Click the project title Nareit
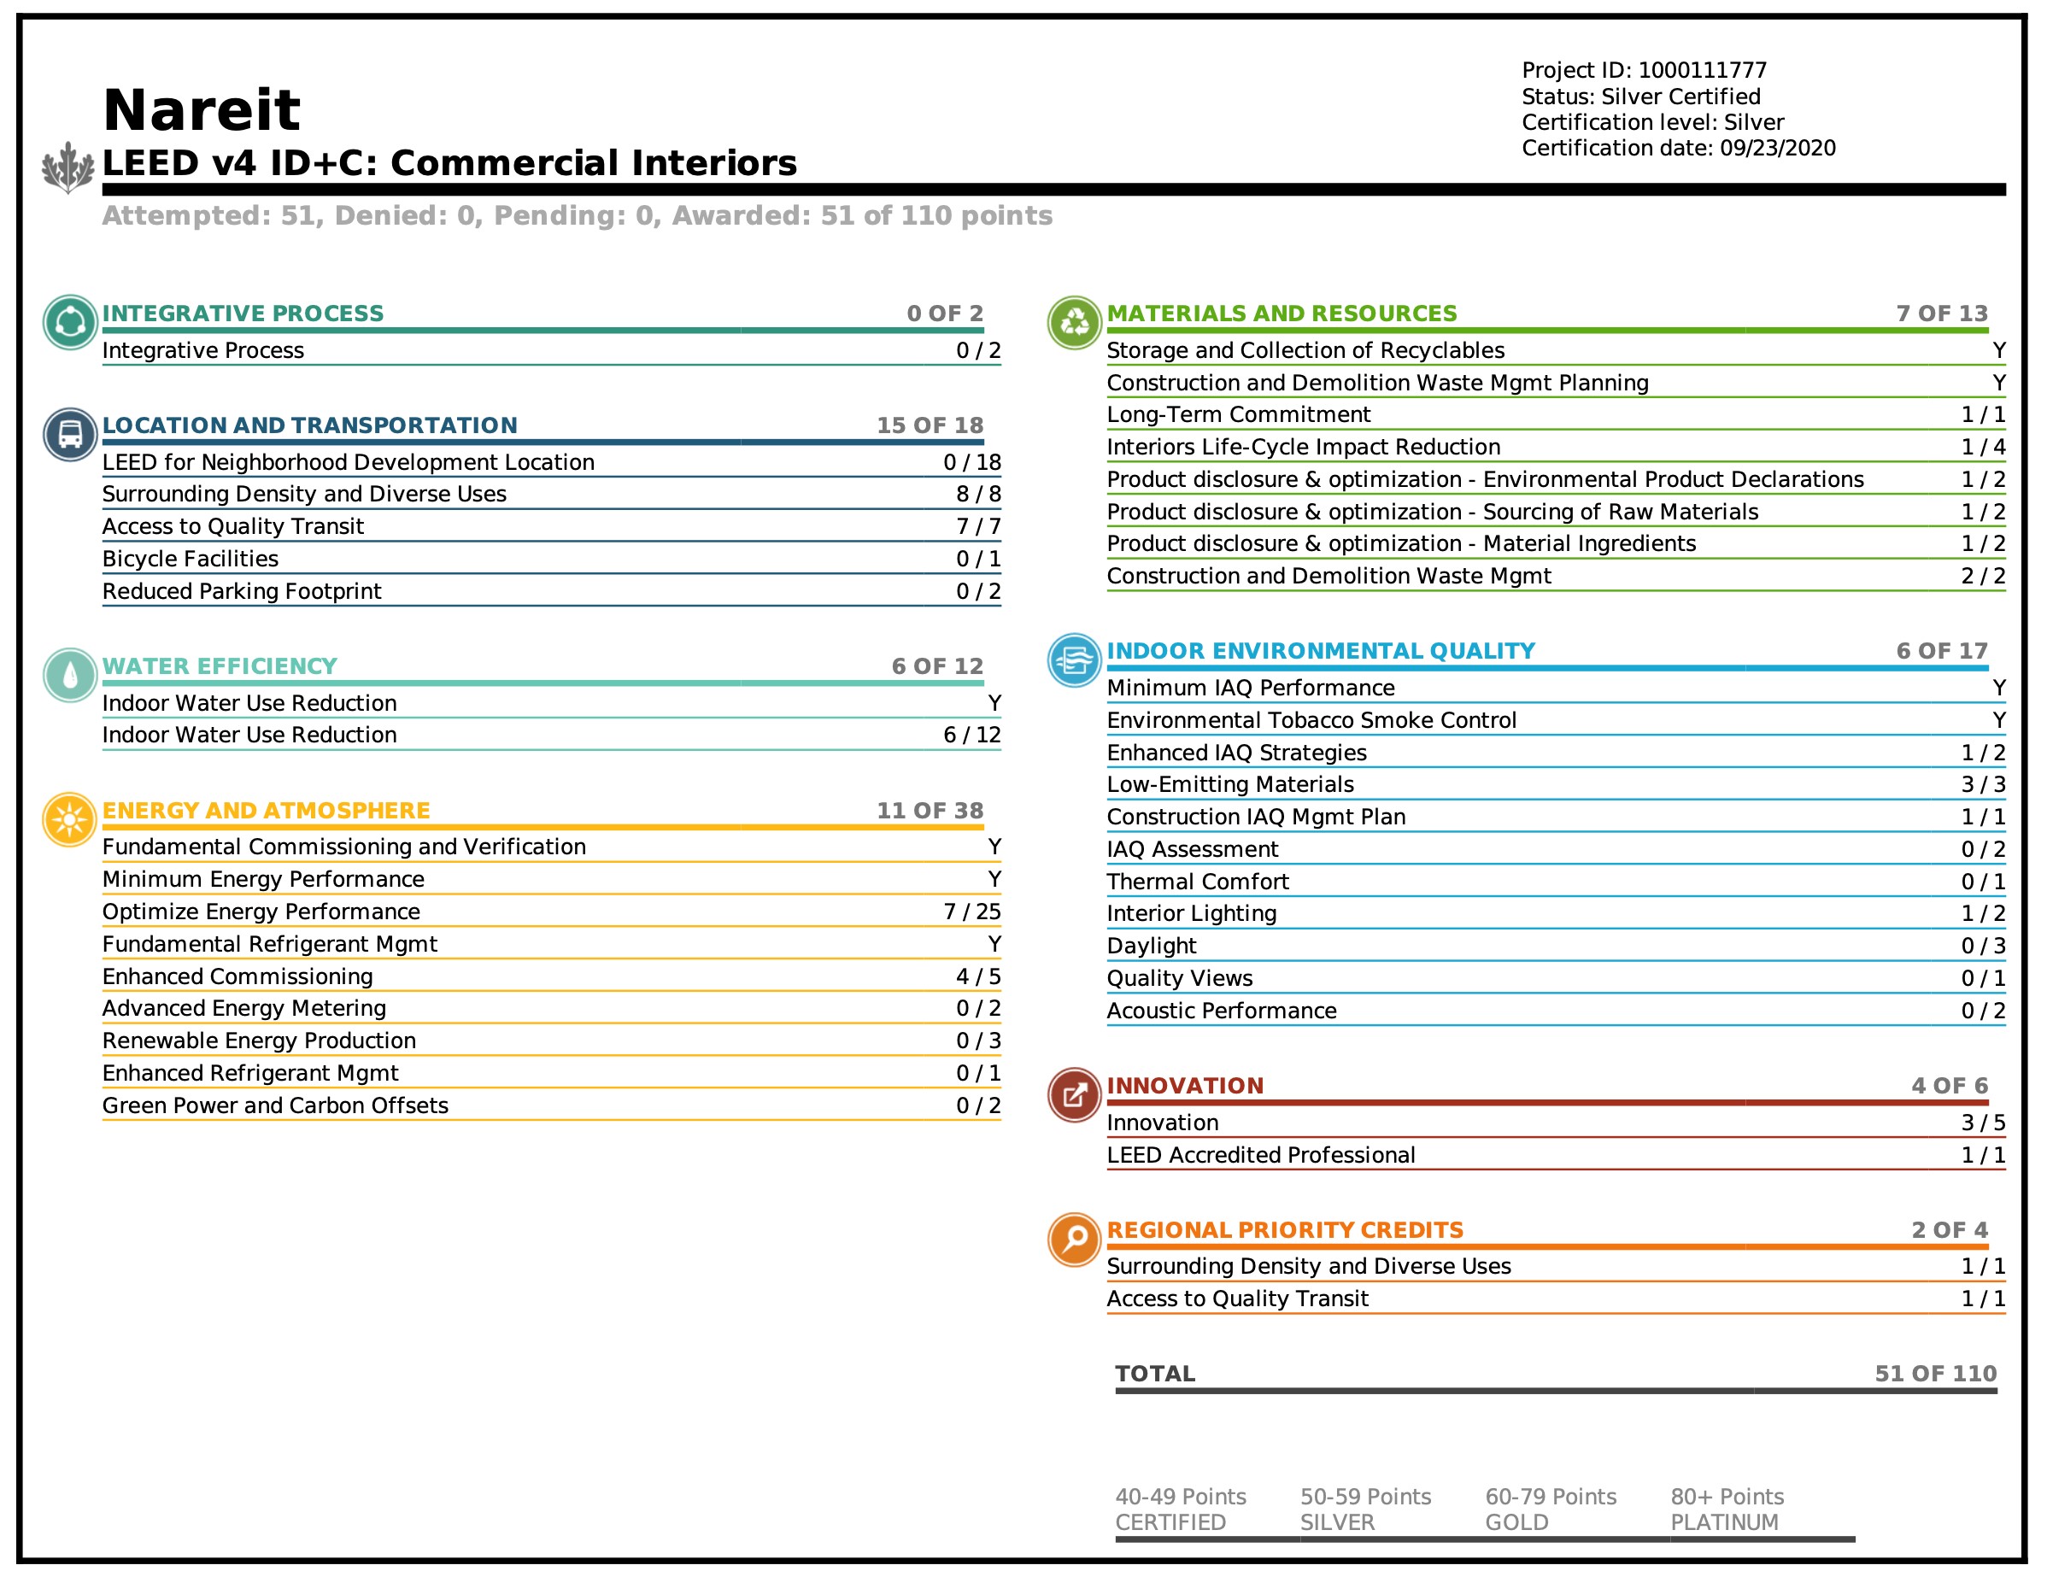(201, 110)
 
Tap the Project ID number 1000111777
(1702, 70)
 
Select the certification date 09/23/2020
(1777, 148)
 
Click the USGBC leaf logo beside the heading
(68, 167)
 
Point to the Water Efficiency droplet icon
(69, 675)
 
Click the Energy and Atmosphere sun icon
(69, 820)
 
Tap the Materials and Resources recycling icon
(1074, 322)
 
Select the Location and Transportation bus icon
(69, 434)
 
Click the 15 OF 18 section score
(929, 425)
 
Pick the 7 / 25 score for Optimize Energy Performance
(972, 912)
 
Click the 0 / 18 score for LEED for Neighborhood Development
(972, 462)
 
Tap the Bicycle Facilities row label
(191, 559)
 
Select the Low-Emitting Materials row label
(1229, 784)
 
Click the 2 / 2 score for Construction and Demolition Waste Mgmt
(1983, 577)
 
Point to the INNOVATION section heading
(1185, 1086)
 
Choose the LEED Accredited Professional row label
(1261, 1155)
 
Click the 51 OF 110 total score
(1935, 1374)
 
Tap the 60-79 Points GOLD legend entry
(1551, 1509)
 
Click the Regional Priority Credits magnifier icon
(1074, 1239)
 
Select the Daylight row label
(1151, 946)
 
